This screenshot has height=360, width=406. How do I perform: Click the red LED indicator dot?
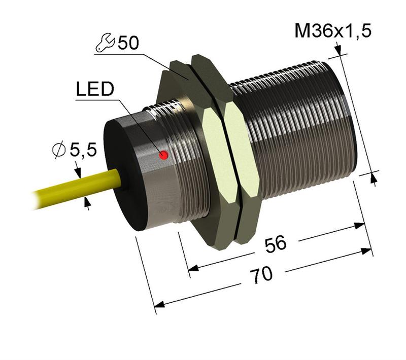164,155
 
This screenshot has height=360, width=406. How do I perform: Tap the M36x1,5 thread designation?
333,31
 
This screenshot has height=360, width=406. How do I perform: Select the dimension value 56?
276,244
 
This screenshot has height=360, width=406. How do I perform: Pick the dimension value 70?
263,274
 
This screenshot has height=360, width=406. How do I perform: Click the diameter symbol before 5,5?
59,150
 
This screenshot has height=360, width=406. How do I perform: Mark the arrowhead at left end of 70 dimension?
159,305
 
